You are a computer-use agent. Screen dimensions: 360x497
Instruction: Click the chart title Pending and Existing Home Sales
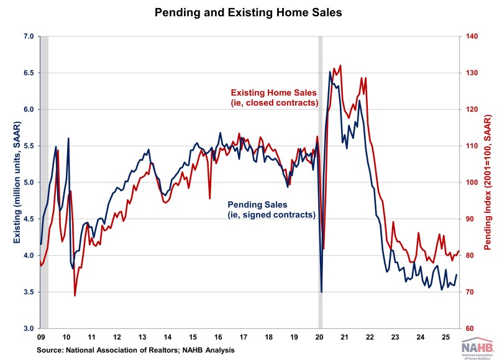pyautogui.click(x=248, y=11)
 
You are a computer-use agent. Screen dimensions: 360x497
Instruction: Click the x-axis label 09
pyautogui.click(x=40, y=338)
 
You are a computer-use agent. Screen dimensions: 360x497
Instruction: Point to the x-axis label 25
pyautogui.click(x=445, y=338)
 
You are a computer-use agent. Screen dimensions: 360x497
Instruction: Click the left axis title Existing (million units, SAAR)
pyautogui.click(x=11, y=182)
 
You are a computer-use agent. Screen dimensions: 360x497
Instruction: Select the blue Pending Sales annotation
pyautogui.click(x=272, y=209)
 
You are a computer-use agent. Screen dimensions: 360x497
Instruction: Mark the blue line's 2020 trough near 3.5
pyautogui.click(x=321, y=291)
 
